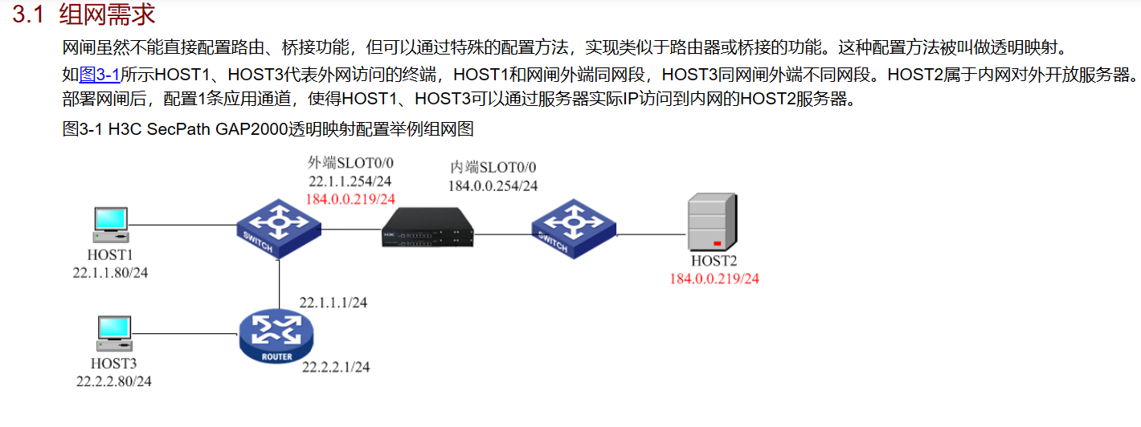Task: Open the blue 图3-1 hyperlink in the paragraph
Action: click(x=100, y=75)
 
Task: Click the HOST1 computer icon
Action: click(x=109, y=226)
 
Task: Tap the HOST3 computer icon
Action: click(x=113, y=334)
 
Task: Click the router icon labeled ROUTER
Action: click(x=276, y=336)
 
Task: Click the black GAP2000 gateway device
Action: click(x=427, y=229)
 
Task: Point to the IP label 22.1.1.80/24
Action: click(x=111, y=273)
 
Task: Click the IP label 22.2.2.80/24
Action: click(x=113, y=381)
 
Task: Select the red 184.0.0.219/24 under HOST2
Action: click(x=714, y=279)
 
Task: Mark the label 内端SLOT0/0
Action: click(x=493, y=167)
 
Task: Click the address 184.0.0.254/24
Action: click(x=493, y=185)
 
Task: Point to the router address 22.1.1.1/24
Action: click(x=333, y=303)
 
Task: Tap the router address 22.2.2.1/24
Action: click(x=336, y=367)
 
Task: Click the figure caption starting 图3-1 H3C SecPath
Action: click(x=273, y=129)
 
